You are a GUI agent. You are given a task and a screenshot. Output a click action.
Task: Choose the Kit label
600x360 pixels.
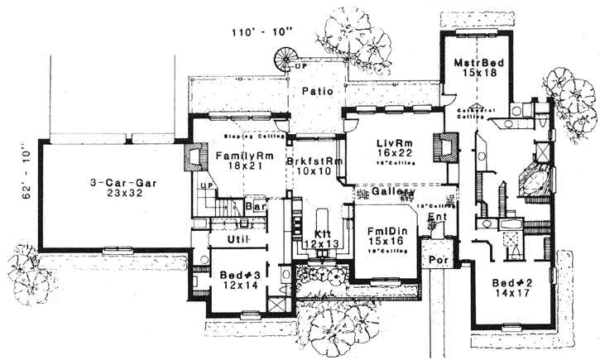coord(324,234)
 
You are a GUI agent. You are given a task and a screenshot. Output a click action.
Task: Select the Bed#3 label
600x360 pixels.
coord(240,274)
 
